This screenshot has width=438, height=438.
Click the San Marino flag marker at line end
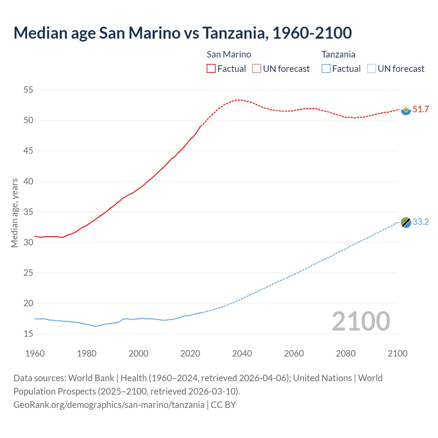click(406, 110)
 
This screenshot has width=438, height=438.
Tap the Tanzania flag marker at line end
click(406, 222)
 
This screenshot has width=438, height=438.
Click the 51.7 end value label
click(421, 109)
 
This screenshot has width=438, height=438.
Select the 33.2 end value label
click(421, 222)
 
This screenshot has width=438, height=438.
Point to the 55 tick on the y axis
click(28, 90)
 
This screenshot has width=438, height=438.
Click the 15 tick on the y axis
click(28, 334)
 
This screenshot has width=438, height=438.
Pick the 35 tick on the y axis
click(28, 212)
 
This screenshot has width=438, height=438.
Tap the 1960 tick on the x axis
click(35, 353)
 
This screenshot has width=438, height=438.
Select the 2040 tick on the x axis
click(242, 353)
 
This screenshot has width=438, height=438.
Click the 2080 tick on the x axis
click(346, 353)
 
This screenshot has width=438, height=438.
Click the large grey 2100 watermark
click(361, 321)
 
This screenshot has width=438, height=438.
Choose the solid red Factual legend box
click(211, 68)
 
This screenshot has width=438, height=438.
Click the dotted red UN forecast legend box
click(257, 68)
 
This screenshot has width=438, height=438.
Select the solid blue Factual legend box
click(326, 68)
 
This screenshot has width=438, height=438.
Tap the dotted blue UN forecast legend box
click(372, 68)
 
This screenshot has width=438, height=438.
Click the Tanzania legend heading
click(338, 54)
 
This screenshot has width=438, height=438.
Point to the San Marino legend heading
click(229, 54)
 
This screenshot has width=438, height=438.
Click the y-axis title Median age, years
click(14, 213)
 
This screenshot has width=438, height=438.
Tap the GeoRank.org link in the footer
click(109, 405)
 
